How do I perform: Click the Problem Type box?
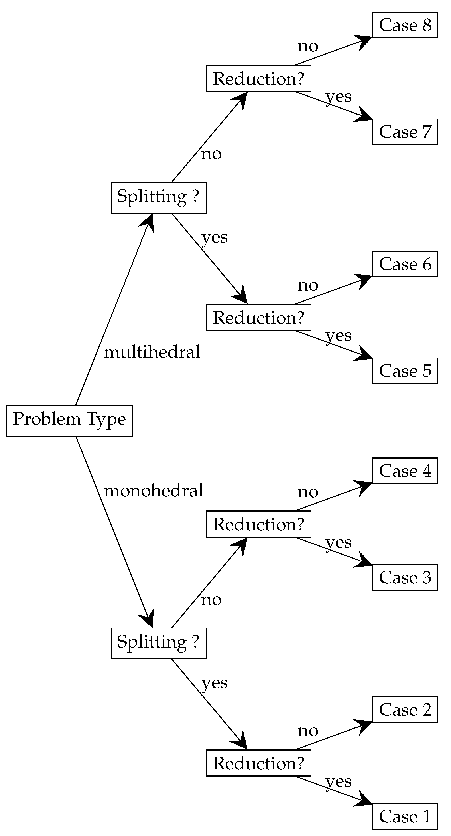coord(69,420)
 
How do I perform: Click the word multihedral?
coord(152,352)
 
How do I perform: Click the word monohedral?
coord(153,490)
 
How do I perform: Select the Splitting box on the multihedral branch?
coord(158,198)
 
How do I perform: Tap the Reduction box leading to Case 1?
coord(259,763)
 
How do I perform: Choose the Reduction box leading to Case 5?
coord(259,317)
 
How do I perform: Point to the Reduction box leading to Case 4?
coord(259,524)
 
